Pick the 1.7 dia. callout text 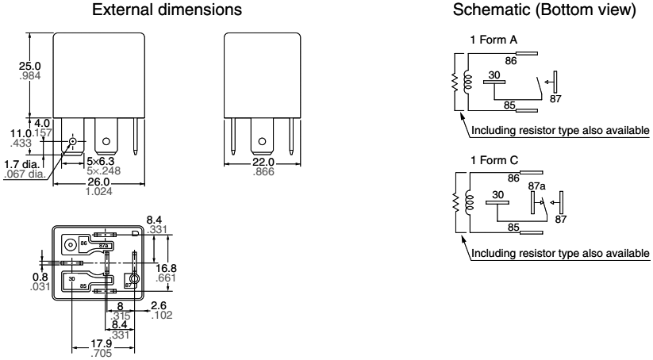(19, 164)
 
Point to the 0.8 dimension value (14, 278)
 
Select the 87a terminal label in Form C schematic (537, 186)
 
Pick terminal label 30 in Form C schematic (497, 194)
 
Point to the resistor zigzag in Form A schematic (455, 82)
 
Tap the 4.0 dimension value (41, 124)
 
